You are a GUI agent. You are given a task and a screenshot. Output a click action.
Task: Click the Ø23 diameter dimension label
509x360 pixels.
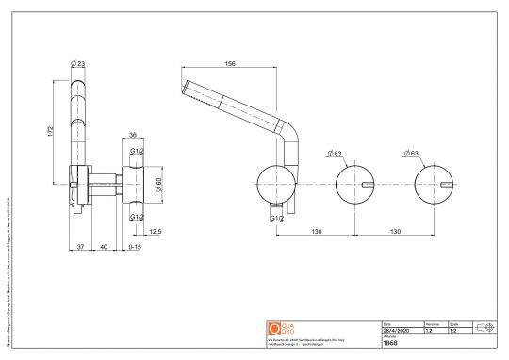78,63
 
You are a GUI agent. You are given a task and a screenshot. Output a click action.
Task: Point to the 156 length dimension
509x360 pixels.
232,64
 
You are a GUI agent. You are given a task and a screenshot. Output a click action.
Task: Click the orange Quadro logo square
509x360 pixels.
276,327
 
